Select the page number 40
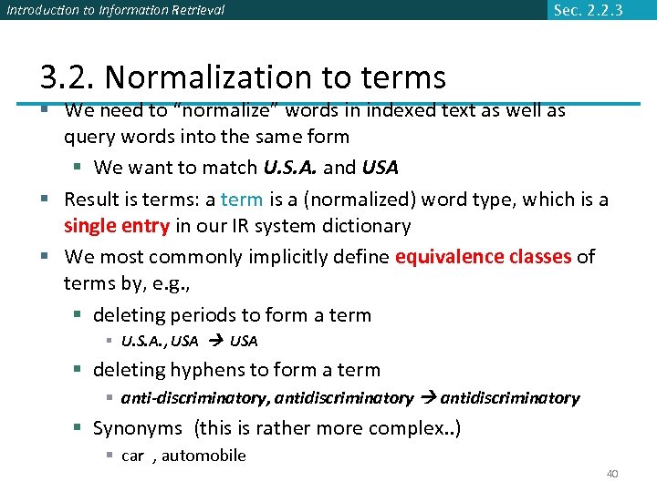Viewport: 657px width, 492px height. click(x=612, y=474)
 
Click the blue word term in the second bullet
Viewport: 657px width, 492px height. click(x=242, y=200)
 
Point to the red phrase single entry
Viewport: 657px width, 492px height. click(x=117, y=226)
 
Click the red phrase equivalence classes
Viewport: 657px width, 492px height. click(x=483, y=256)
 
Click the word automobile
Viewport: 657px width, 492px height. click(x=203, y=456)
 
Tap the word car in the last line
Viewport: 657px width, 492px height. click(x=132, y=456)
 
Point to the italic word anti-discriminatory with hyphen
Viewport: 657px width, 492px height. click(x=191, y=398)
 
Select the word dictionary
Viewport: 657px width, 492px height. click(x=364, y=226)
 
